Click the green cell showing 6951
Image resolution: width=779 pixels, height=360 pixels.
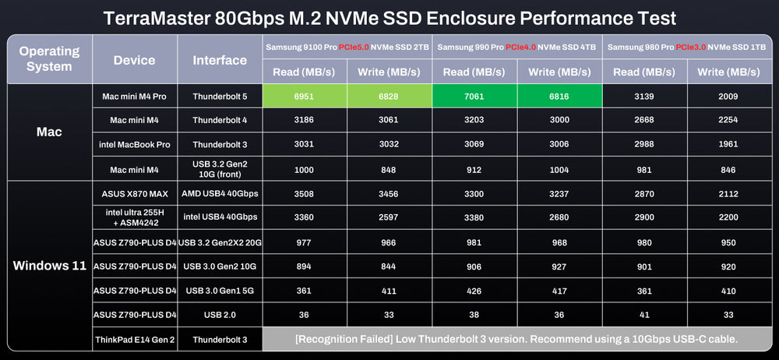coord(305,97)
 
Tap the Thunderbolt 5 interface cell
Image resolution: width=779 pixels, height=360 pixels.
coord(219,97)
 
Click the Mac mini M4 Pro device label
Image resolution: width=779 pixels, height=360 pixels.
coord(135,97)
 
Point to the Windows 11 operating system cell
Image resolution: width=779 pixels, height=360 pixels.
coord(50,266)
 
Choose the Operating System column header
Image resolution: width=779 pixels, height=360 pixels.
coord(50,58)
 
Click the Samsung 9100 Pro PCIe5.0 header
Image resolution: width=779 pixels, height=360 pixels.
coord(347,47)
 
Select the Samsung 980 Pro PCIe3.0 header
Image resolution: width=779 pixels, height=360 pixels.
coord(686,47)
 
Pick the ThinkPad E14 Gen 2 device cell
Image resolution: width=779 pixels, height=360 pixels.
coord(135,339)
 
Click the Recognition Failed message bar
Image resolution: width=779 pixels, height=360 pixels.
coord(516,339)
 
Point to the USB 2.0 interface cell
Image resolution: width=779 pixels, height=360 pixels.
coord(219,315)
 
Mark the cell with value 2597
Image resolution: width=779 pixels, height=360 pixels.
coord(389,217)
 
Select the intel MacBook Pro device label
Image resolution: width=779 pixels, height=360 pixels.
coord(135,145)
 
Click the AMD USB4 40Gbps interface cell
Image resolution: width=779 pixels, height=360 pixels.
coord(219,192)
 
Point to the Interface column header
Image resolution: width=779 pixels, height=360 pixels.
coord(219,59)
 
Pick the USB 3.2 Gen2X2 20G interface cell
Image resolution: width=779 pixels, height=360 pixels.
coord(219,242)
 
